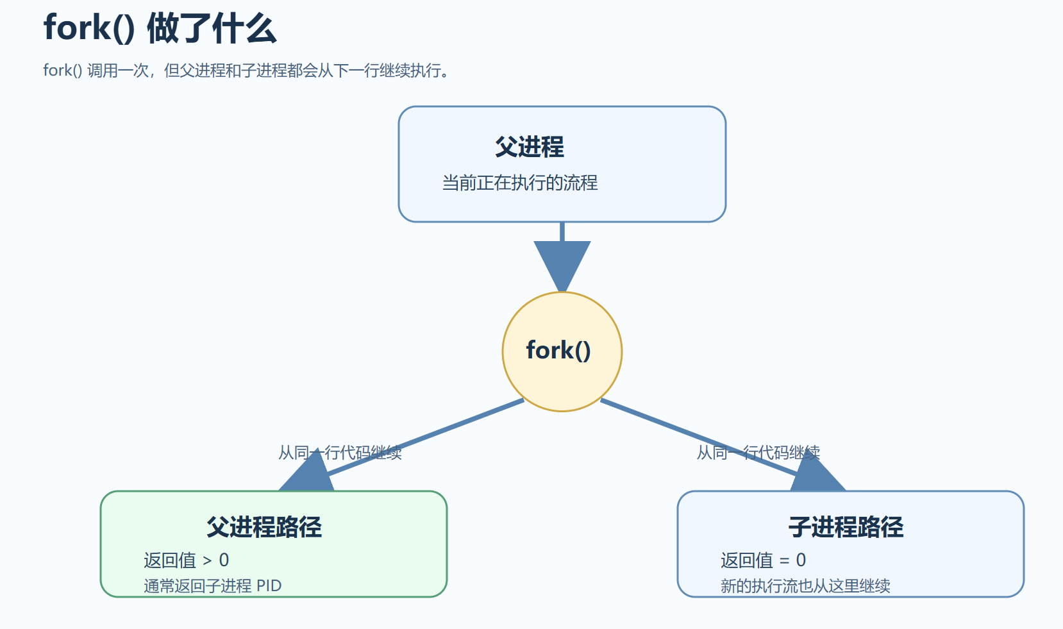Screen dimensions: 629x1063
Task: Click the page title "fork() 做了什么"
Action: (x=160, y=29)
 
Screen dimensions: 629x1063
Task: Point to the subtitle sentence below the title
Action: (x=247, y=71)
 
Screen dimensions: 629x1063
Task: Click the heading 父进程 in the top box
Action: (x=529, y=147)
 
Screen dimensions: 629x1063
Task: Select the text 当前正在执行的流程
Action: (x=519, y=183)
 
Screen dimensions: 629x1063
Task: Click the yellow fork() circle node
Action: (x=562, y=351)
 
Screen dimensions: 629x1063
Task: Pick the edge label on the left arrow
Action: (x=340, y=453)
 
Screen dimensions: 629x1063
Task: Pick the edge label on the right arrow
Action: (x=758, y=453)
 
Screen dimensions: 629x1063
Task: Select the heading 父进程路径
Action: (x=264, y=527)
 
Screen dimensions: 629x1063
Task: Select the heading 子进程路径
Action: (x=846, y=527)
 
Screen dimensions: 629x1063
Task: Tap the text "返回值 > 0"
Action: (x=186, y=560)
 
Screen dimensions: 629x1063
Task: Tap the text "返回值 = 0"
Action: (x=763, y=560)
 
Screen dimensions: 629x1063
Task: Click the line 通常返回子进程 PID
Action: (x=212, y=586)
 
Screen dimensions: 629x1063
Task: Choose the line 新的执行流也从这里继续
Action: (x=805, y=586)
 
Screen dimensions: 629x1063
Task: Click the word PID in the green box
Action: (x=269, y=586)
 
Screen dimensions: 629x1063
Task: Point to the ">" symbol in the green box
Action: (x=207, y=561)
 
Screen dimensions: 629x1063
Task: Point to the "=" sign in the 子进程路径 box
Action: (x=784, y=561)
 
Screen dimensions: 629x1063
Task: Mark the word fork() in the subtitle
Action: (x=62, y=71)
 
